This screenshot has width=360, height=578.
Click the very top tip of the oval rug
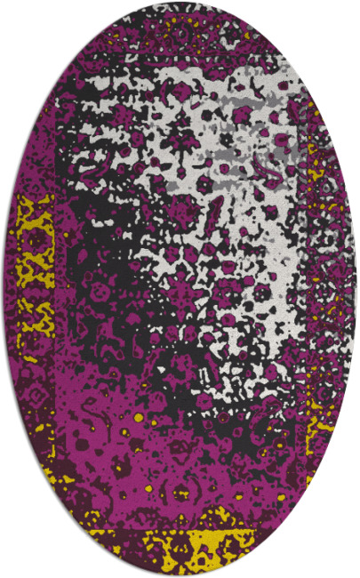click(180, 4)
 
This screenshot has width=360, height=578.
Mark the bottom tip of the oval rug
click(180, 574)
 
